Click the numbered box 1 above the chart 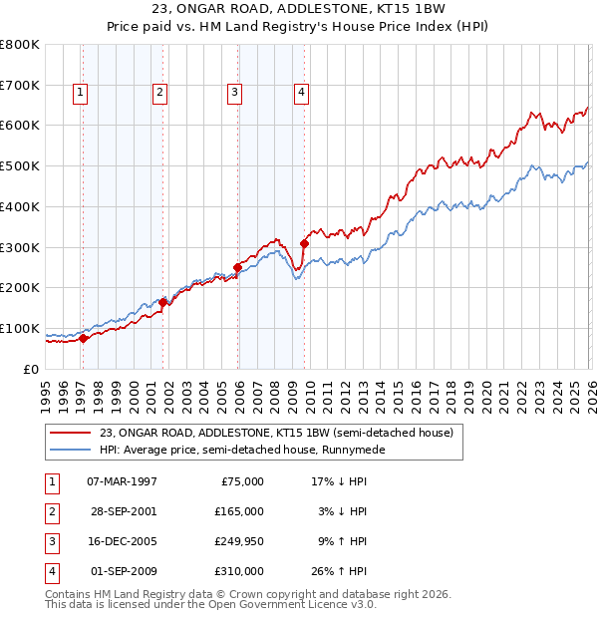click(x=80, y=94)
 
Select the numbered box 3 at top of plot click(x=234, y=94)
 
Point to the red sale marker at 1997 click(x=84, y=338)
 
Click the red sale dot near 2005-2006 click(x=238, y=266)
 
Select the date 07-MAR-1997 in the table click(x=122, y=481)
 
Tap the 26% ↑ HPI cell click(x=338, y=571)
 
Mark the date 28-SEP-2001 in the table click(x=122, y=511)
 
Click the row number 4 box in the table click(x=50, y=571)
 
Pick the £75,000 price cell click(x=242, y=481)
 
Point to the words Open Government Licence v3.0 click(x=294, y=605)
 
